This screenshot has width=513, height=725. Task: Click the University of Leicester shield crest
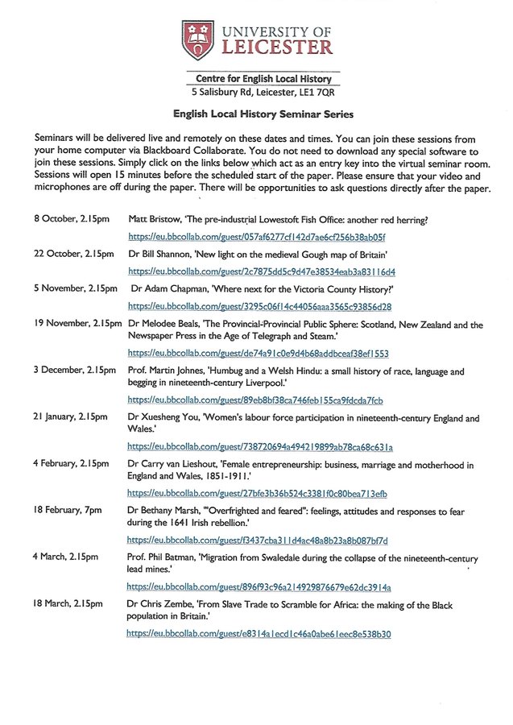pos(197,39)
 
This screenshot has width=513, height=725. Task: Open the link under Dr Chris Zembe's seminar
pos(259,634)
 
